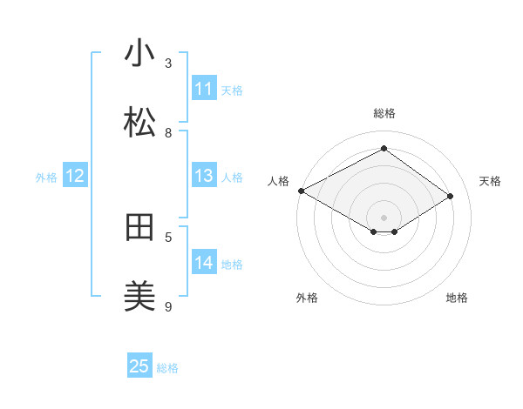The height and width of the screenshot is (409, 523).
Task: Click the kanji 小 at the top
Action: pos(139,54)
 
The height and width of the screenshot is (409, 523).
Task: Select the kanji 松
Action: pos(139,123)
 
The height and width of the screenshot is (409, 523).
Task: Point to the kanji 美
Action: pos(139,297)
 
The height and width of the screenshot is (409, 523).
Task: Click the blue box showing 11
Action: pos(204,89)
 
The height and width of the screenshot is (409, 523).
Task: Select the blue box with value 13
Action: pos(204,176)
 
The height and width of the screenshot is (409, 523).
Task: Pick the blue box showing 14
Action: pos(204,263)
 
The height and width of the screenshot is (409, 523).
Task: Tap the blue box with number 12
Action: pos(75,176)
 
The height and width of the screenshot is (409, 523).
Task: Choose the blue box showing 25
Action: pos(139,366)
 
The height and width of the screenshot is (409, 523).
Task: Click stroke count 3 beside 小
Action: pos(168,63)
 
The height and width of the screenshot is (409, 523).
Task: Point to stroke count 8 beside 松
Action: pos(168,132)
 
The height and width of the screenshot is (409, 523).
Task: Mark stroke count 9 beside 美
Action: pos(168,306)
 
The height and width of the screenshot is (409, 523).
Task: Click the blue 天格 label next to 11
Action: pos(232,90)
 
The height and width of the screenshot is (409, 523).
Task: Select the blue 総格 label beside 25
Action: pos(167,367)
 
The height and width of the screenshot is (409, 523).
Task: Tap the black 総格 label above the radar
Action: pos(384,113)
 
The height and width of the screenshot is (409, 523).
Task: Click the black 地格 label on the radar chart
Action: pos(457,298)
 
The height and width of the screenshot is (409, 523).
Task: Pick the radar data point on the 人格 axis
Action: pos(301,191)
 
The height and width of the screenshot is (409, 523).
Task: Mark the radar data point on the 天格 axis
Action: pos(451,197)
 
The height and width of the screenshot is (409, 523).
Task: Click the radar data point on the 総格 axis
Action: pos(384,149)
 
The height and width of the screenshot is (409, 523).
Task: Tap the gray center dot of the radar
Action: pos(384,218)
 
